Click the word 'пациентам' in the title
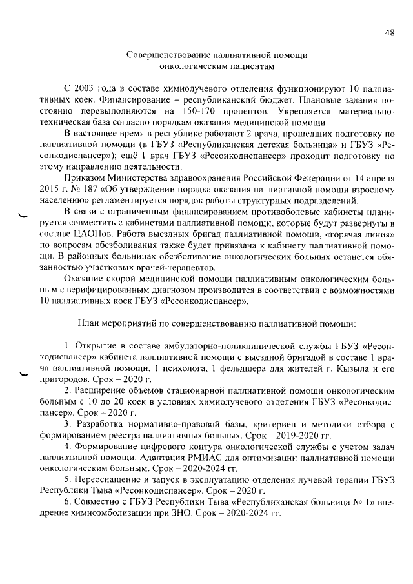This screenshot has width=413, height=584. point(247,65)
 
